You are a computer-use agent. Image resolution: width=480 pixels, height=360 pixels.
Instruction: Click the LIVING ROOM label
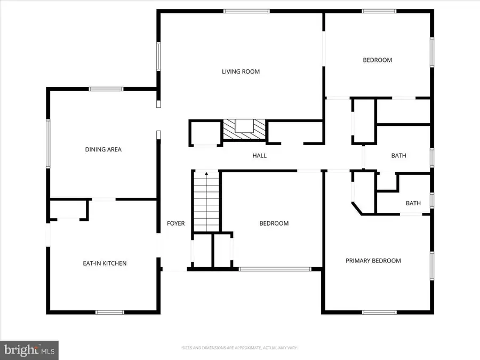241,71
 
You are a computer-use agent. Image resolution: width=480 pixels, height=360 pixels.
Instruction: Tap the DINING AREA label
103,149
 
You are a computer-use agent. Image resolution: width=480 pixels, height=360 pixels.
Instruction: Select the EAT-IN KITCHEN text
105,263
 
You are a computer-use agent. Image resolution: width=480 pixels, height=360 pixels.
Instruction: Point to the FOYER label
175,223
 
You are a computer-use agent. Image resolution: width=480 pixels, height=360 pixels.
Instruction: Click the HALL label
259,156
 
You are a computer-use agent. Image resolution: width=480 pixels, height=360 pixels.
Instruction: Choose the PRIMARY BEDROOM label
373,261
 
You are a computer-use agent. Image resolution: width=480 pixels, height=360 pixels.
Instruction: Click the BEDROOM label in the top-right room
377,60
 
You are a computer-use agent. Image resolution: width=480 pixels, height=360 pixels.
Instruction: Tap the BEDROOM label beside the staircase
274,223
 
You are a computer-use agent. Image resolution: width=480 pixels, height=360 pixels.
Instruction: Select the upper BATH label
398,156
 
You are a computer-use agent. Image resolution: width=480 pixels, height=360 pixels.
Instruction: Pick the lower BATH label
413,203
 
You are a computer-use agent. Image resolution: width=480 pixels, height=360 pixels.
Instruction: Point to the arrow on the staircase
206,175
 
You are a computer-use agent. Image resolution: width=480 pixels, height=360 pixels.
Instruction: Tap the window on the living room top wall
246,11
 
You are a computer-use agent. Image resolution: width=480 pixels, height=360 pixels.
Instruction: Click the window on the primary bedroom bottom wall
379,312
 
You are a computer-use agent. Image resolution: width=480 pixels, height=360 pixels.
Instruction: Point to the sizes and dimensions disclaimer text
240,348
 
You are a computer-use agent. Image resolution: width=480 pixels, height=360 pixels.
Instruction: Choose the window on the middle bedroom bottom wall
275,269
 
